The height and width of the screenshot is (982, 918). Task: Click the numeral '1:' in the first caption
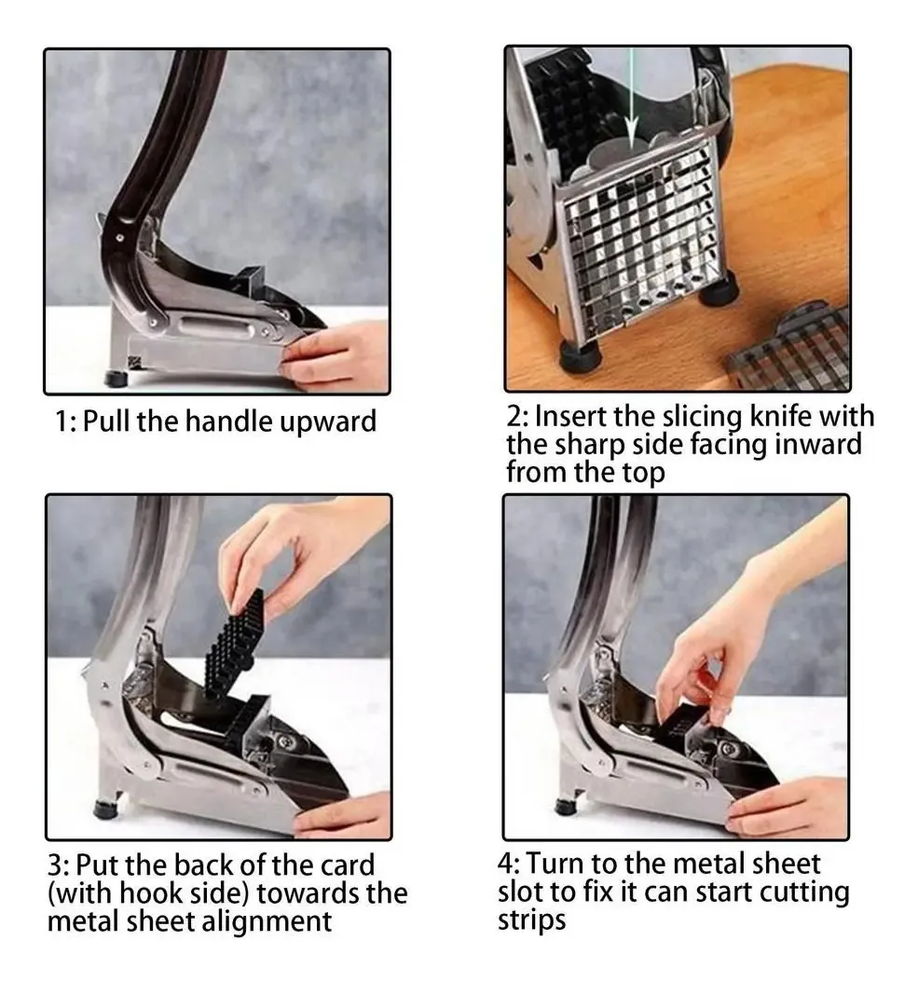[66, 421]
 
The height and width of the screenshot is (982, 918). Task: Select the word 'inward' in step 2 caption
[817, 444]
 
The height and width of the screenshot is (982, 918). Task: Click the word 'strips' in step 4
[531, 920]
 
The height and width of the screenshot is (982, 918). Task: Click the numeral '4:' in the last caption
[510, 864]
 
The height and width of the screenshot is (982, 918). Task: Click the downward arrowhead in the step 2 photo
[632, 131]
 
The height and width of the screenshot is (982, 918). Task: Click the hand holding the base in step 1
[335, 355]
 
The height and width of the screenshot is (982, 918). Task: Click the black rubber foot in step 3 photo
[105, 809]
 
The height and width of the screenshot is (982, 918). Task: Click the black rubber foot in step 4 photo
[566, 807]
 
